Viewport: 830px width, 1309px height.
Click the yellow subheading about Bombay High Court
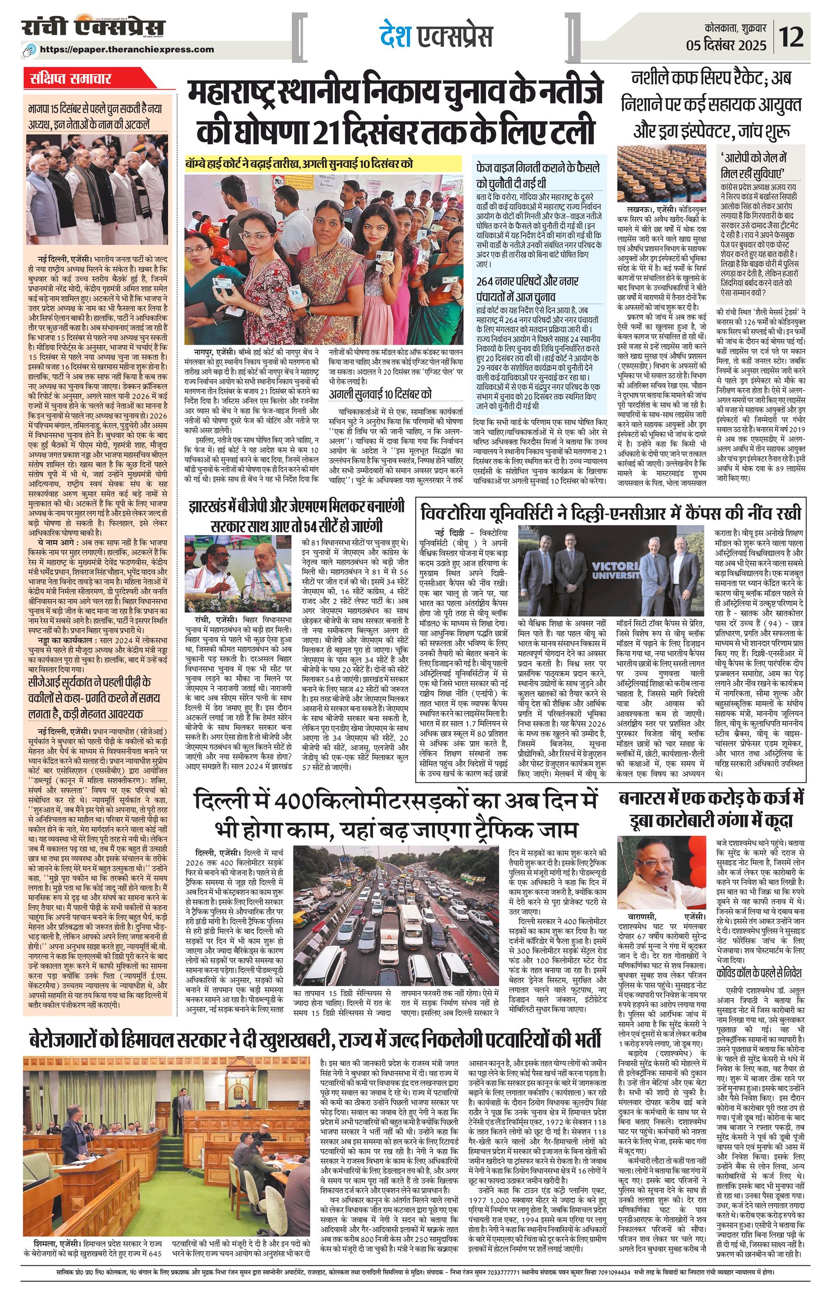pos(299,163)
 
